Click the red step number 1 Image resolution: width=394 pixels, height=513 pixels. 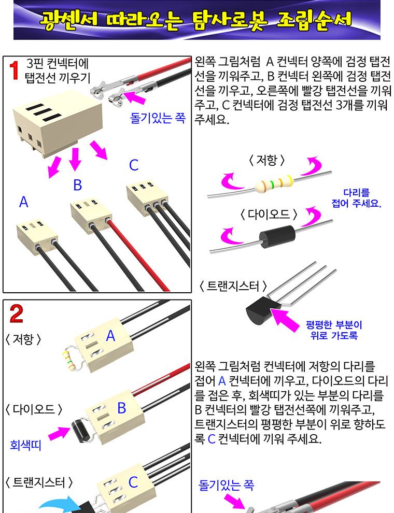coord(15,71)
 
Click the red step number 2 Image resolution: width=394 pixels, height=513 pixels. coord(17,314)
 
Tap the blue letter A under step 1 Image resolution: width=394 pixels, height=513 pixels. coord(23,202)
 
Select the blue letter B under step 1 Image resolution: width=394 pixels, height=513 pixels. coord(77,185)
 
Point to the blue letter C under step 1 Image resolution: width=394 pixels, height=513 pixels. coord(134,165)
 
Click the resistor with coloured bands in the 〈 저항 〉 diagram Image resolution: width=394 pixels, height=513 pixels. coord(274,182)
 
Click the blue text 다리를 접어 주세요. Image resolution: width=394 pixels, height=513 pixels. coord(356,198)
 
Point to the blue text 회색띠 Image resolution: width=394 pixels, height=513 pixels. coord(25,445)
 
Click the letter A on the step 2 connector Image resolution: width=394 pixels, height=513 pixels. coord(110,336)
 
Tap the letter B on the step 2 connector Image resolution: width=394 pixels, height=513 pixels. coord(121,408)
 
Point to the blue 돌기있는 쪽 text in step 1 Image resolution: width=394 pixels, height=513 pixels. coord(157,118)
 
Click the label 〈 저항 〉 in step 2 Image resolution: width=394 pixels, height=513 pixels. coord(24,339)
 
